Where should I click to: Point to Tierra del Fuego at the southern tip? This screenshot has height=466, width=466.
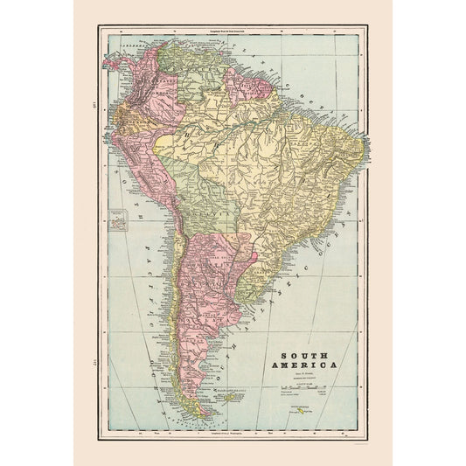[x=203, y=410]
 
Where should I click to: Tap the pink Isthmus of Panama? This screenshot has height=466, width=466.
[x=115, y=62]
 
